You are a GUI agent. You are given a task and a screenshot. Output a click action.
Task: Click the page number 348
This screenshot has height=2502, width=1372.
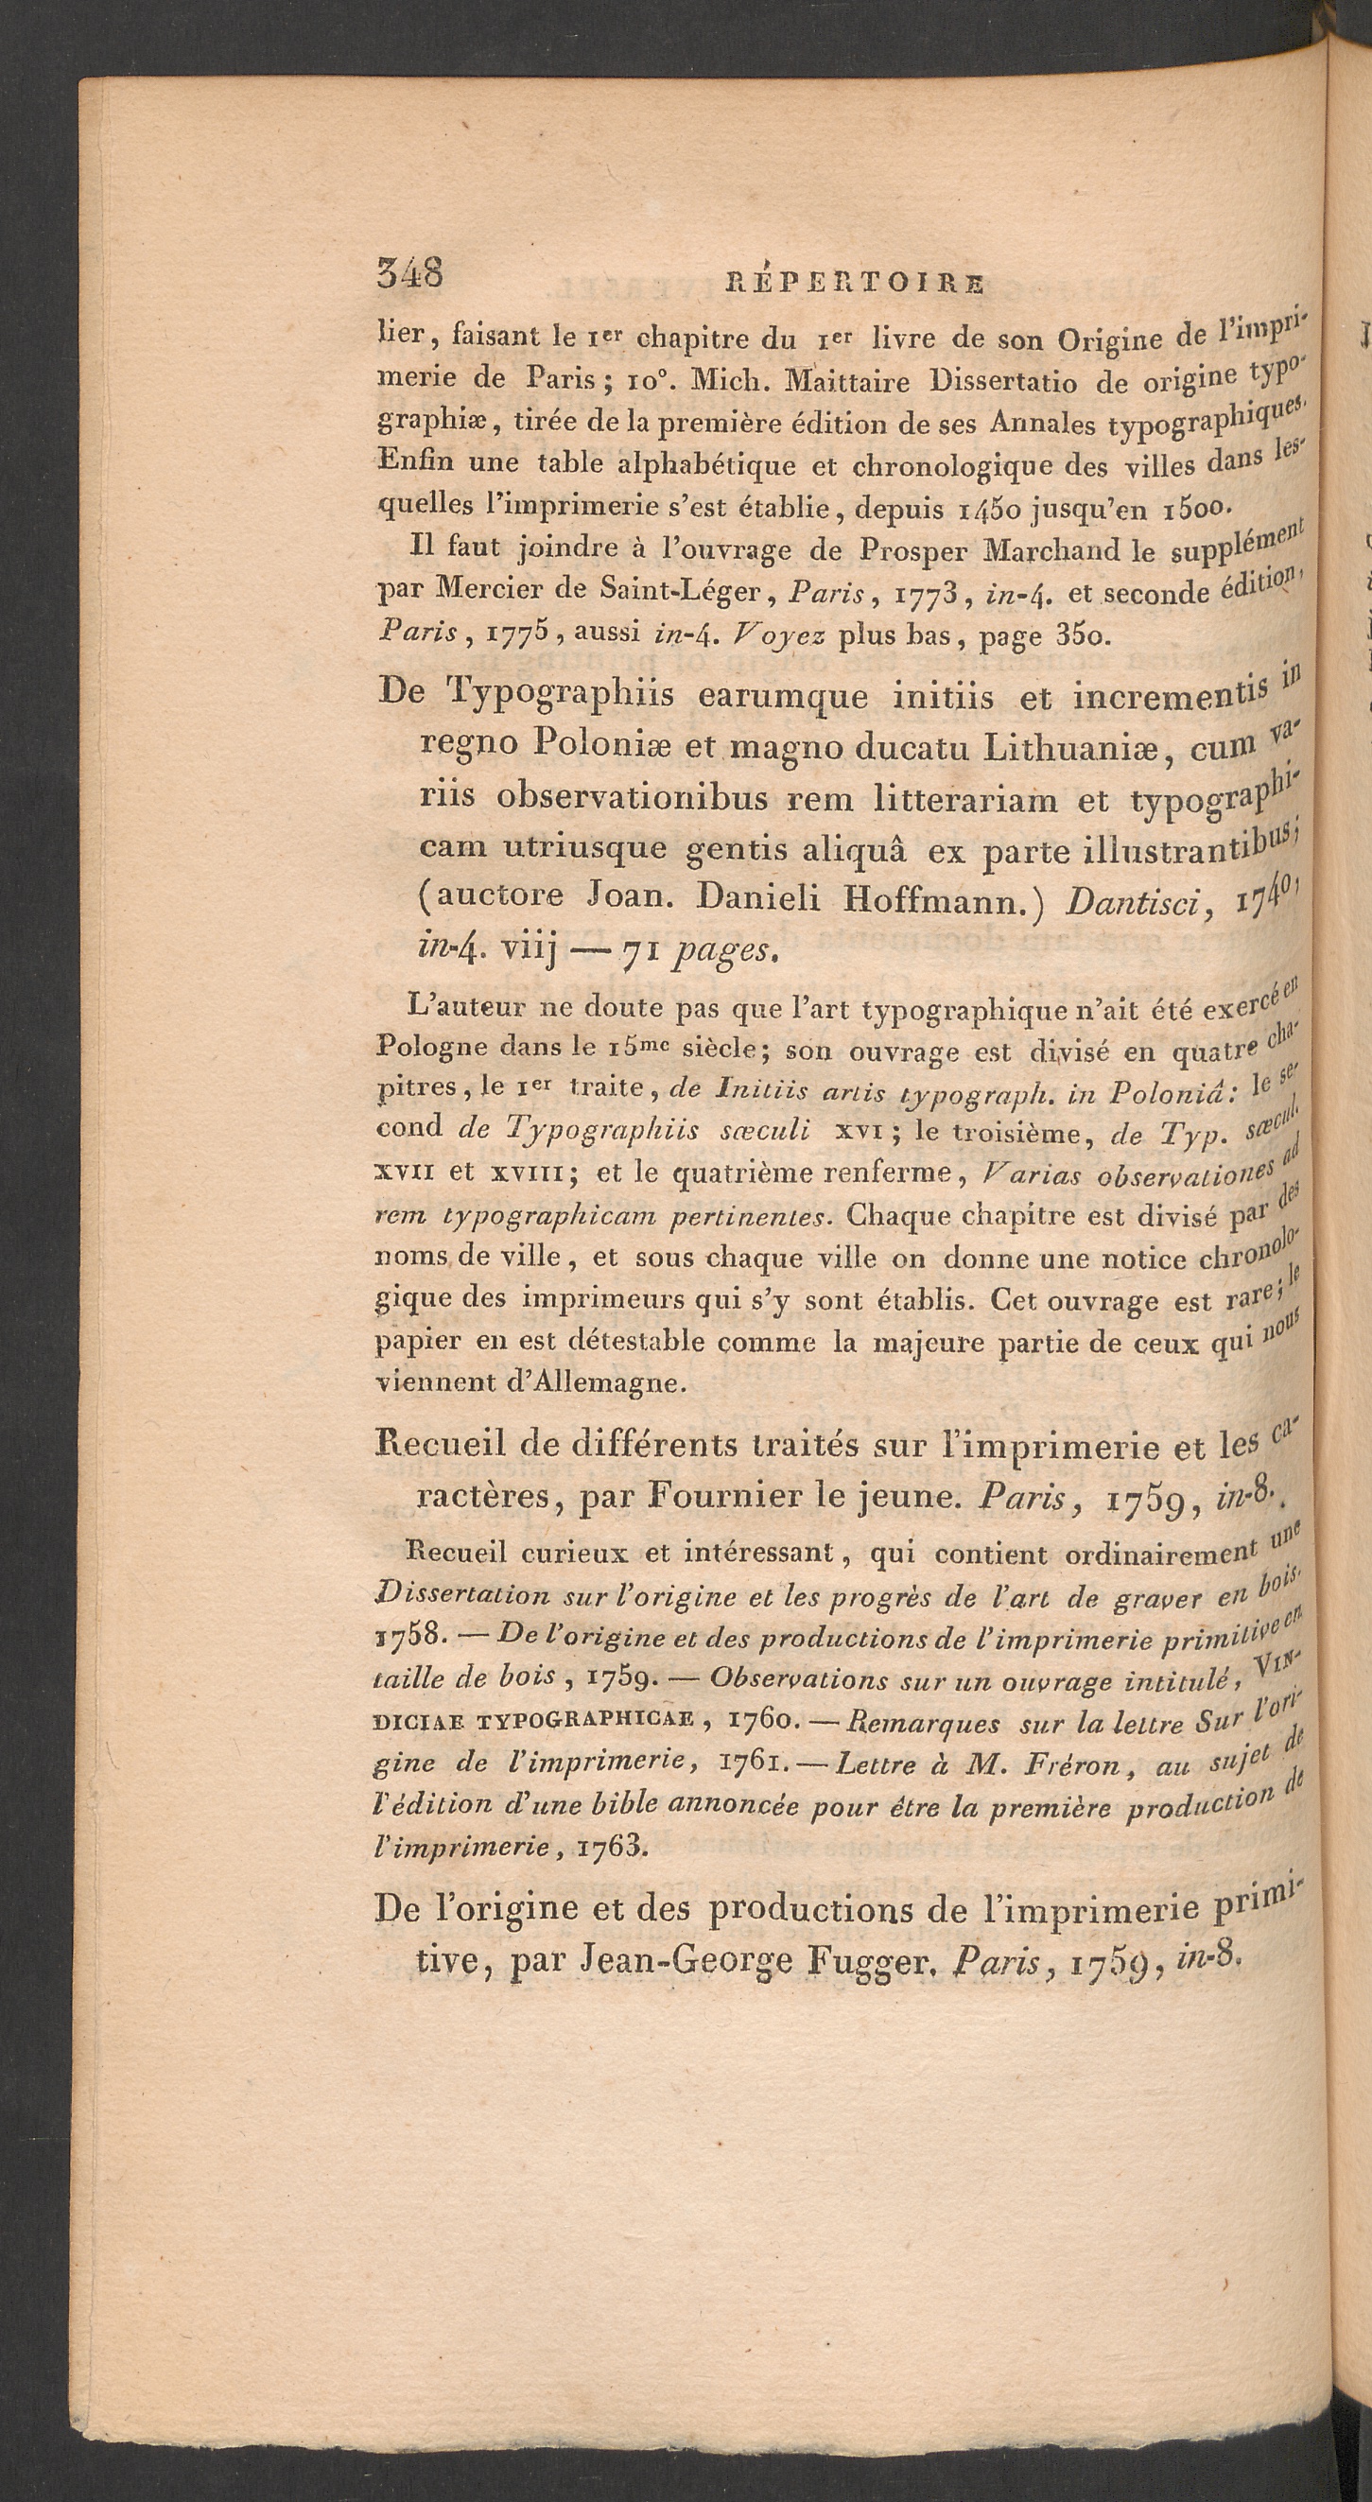[x=409, y=274]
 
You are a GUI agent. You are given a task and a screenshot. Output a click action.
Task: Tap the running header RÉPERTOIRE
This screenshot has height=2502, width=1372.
[x=855, y=283]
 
